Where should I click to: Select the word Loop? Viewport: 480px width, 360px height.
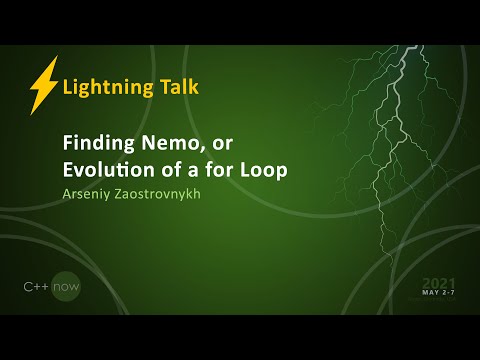click(x=262, y=170)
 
